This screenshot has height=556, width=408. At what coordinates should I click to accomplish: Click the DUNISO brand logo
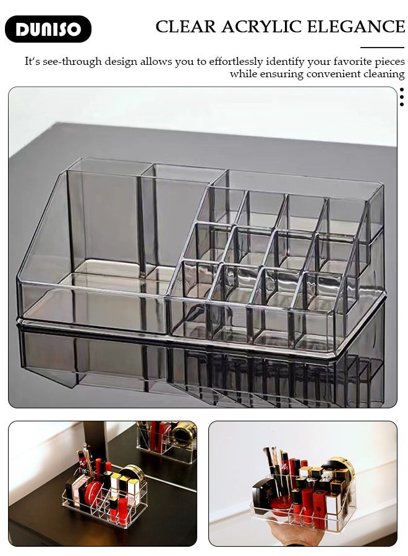click(x=48, y=29)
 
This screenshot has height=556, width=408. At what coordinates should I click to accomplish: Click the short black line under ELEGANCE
click(x=382, y=48)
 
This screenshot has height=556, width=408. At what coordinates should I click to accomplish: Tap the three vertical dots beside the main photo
click(x=401, y=97)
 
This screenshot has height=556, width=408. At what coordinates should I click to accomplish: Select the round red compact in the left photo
click(x=93, y=493)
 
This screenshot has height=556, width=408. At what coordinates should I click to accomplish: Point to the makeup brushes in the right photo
click(x=273, y=460)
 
